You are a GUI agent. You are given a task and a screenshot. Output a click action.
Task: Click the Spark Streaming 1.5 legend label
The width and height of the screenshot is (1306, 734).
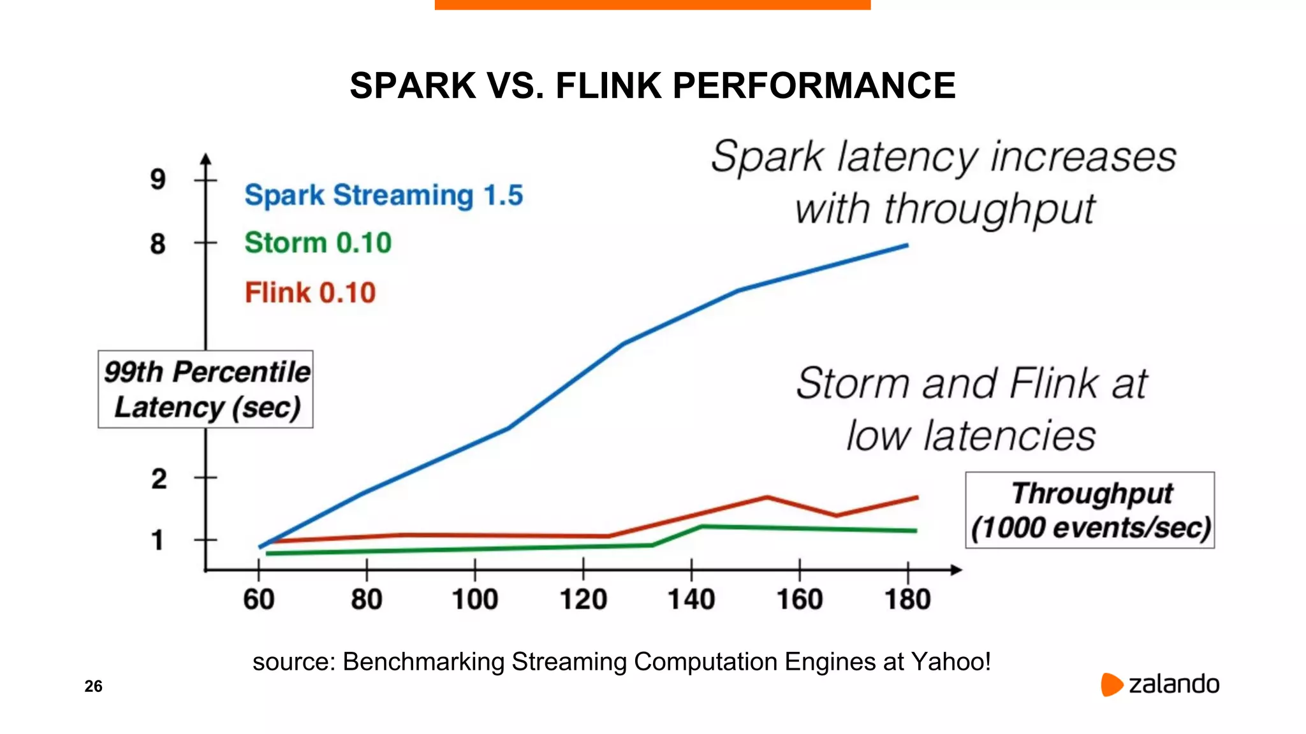point(383,195)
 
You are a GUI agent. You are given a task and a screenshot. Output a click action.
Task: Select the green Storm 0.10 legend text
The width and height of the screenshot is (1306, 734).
point(318,243)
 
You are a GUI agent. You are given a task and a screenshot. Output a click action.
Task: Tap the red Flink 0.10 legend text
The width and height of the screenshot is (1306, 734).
point(311,293)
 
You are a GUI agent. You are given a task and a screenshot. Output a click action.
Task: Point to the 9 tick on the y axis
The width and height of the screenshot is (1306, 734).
point(158,179)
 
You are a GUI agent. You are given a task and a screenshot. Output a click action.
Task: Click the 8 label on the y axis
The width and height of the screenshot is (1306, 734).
point(158,243)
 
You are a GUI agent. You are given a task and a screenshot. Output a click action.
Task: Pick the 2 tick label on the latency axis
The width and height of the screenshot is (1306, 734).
point(159,479)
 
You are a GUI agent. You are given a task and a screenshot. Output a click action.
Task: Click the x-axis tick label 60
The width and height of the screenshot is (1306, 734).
point(259,600)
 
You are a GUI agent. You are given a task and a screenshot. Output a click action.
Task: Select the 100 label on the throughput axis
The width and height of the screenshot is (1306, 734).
point(475,600)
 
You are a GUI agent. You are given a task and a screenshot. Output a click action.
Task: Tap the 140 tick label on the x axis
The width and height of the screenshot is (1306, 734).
point(691,600)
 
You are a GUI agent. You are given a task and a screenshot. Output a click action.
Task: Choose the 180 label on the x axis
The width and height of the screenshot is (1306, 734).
point(907,600)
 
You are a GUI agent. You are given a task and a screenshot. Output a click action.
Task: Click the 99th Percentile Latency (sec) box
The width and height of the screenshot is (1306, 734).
point(205,389)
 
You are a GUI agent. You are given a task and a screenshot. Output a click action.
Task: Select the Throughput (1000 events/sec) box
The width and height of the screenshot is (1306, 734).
point(1090,510)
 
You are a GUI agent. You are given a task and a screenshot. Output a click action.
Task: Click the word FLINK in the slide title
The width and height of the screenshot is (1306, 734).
point(608,85)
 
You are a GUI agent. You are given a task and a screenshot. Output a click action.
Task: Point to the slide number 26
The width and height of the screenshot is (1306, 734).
point(93,686)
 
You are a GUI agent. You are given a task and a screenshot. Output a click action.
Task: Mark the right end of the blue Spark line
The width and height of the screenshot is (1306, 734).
point(906,245)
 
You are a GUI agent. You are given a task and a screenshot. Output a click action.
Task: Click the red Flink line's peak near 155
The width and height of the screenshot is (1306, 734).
point(767,497)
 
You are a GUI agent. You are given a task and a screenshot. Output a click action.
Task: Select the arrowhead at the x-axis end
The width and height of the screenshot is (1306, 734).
point(956,570)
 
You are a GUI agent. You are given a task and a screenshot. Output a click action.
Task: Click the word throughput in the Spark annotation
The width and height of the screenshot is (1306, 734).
point(989,210)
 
